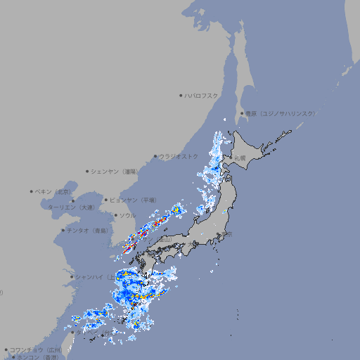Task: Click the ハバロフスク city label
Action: tap(202, 95)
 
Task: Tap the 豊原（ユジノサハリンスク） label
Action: tap(281, 113)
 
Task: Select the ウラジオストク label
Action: tap(179, 156)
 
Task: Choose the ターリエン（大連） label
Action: tap(70, 207)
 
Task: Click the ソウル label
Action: tap(127, 215)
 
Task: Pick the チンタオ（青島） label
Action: tap(87, 230)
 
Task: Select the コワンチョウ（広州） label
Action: tap(35, 349)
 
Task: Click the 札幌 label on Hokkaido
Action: tap(240, 158)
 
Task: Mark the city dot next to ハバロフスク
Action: tap(181, 95)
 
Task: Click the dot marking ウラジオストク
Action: tap(155, 157)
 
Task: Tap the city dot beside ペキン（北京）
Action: tap(32, 191)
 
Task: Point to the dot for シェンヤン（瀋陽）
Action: tap(87, 171)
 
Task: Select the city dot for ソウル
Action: tap(115, 215)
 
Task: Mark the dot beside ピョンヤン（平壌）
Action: tap(106, 200)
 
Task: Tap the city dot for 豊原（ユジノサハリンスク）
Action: tap(242, 113)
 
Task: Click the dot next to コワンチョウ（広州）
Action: tap(6, 349)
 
